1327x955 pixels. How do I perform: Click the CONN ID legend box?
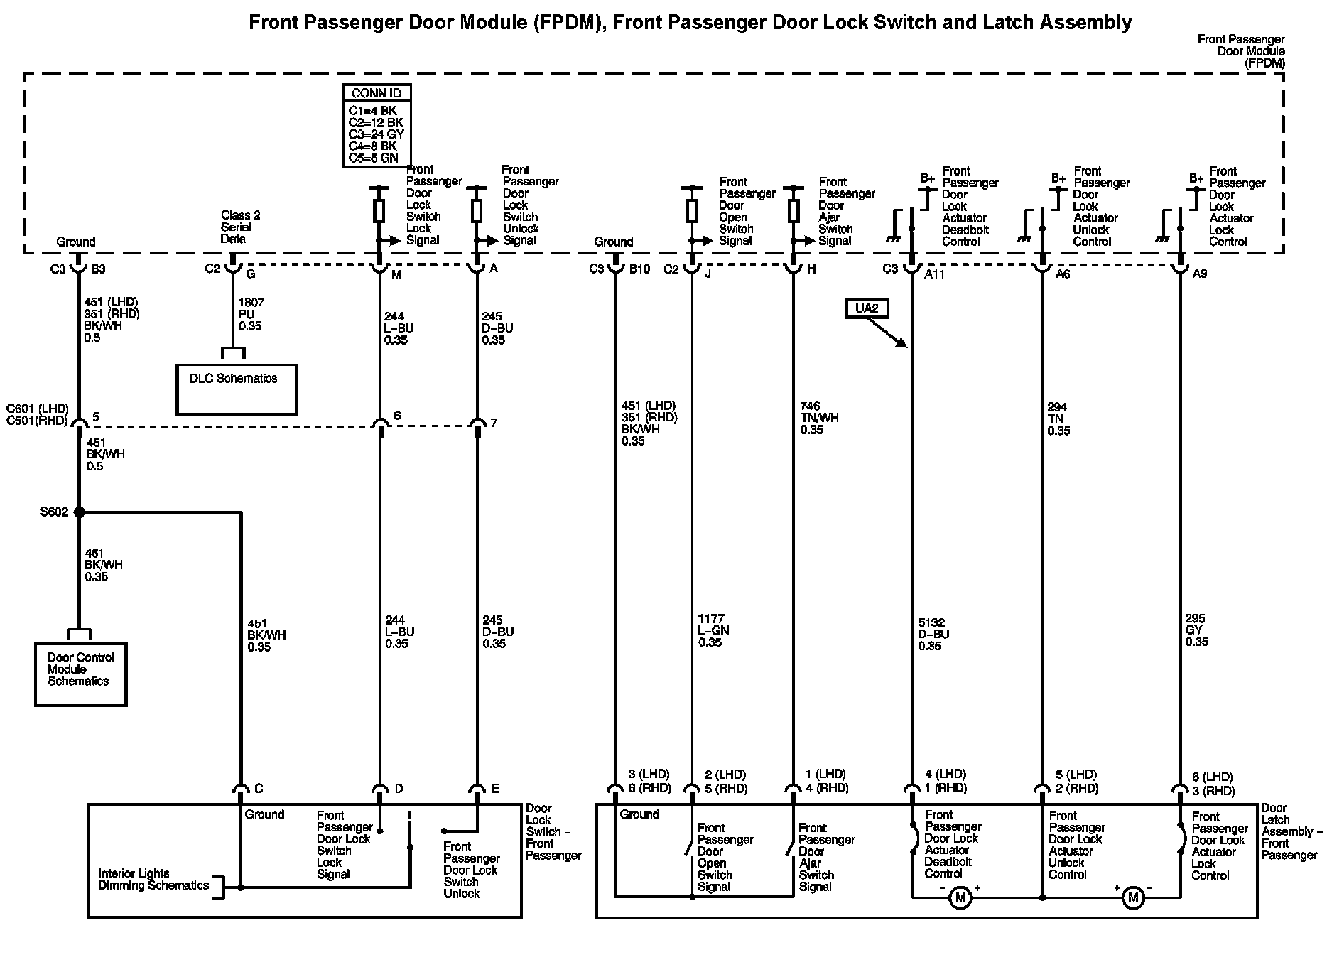[x=377, y=126]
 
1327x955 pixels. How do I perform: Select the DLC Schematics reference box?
[x=236, y=389]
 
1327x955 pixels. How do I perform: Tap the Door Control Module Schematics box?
[x=81, y=674]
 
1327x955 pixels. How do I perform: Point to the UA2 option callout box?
[x=867, y=308]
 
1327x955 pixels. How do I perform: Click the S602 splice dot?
[x=79, y=512]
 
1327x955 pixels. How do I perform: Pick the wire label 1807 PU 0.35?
[x=250, y=315]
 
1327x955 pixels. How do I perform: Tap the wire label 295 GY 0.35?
[x=1196, y=630]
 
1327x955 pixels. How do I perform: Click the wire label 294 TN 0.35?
[x=1058, y=419]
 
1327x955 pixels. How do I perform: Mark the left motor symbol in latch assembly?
[x=960, y=897]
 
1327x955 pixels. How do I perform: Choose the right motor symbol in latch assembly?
[x=1132, y=897]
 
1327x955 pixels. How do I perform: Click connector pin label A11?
[x=934, y=274]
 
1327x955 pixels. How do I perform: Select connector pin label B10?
[x=639, y=269]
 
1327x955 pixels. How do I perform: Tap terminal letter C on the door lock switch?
[x=259, y=789]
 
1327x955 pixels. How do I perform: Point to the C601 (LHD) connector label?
[x=37, y=409]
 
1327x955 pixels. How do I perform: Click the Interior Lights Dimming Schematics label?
[x=153, y=880]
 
